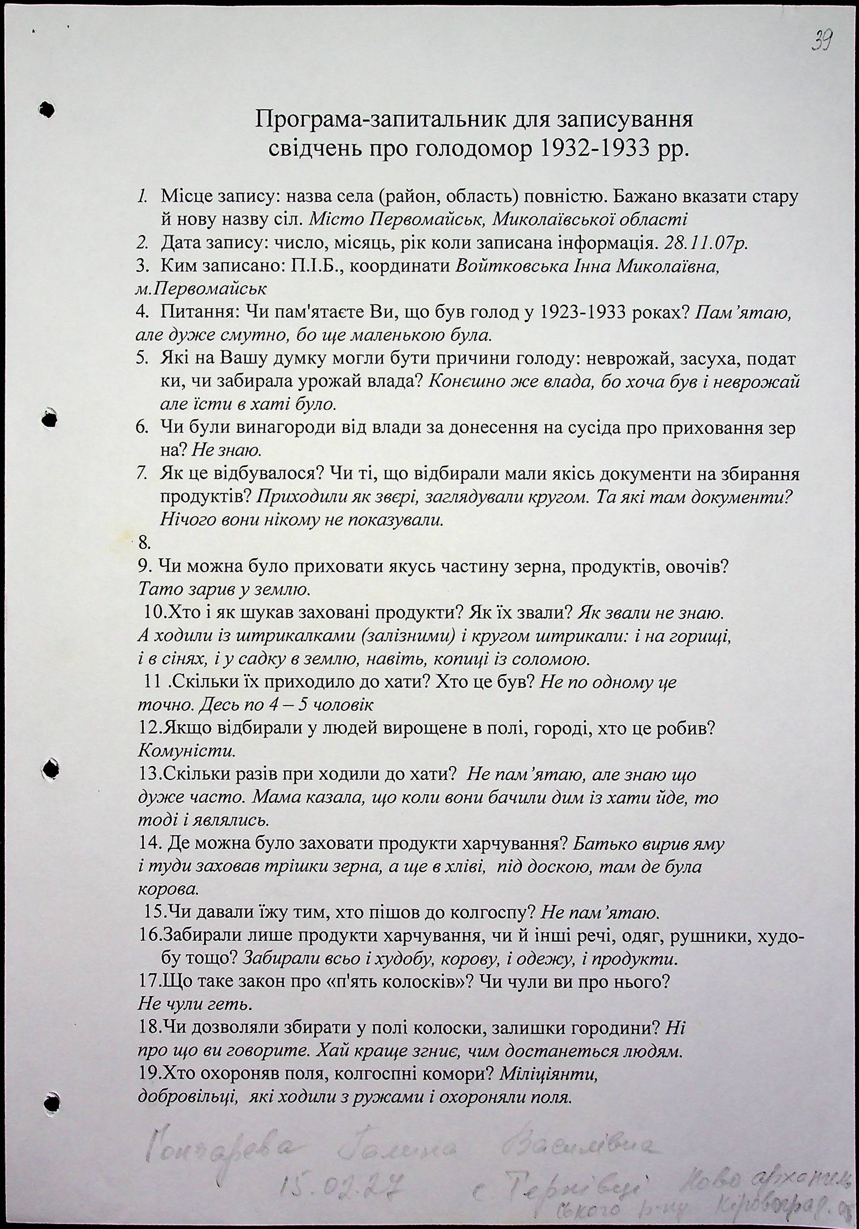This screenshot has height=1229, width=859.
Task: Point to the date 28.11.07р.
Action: [705, 243]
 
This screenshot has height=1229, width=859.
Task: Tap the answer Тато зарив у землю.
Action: [224, 590]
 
